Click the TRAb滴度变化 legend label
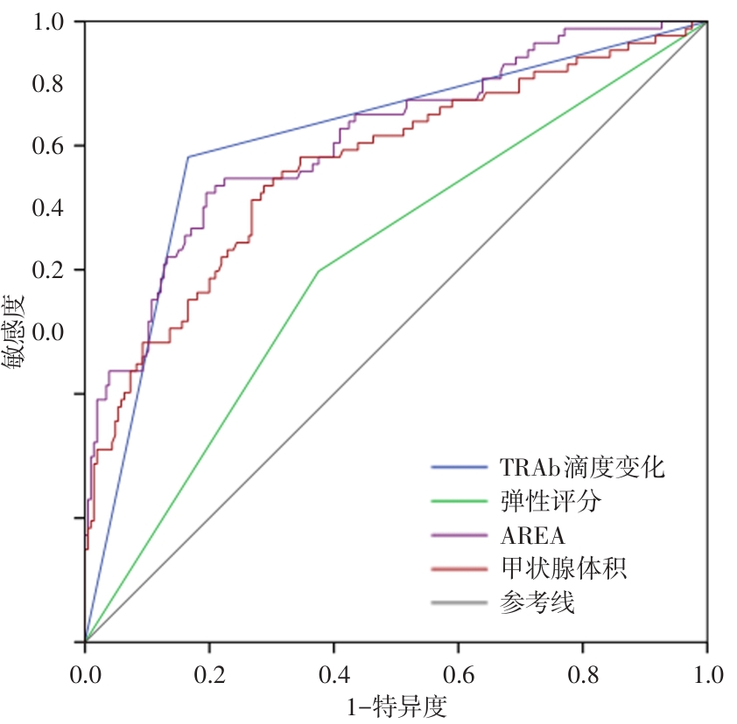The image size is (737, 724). click(582, 467)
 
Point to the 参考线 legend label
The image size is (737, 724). click(537, 602)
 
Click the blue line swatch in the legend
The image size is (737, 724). click(460, 468)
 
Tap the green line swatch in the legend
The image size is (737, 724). click(460, 502)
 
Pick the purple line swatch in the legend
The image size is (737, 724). click(460, 535)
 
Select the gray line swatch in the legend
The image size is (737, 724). click(460, 602)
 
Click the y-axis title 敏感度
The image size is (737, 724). click(14, 332)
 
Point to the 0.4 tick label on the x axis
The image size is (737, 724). click(333, 675)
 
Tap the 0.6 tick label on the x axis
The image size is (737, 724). click(458, 675)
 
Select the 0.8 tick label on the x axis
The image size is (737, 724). click(582, 675)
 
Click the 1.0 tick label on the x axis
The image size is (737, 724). click(705, 675)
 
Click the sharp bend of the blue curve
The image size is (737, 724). click(188, 157)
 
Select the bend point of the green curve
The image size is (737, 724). click(319, 271)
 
